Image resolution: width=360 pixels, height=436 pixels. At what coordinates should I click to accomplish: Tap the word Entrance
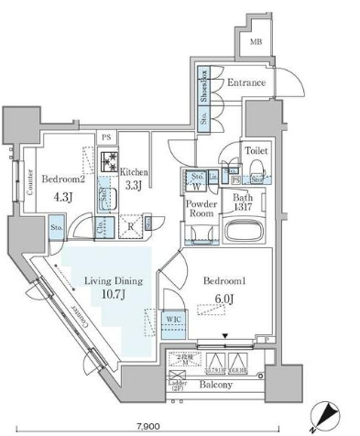pos(245,83)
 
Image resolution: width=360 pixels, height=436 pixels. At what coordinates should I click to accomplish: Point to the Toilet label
pos(256,148)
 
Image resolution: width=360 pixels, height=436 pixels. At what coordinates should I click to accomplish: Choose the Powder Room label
pos(201,208)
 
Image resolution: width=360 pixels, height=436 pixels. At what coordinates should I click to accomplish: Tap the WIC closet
pos(174,321)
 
